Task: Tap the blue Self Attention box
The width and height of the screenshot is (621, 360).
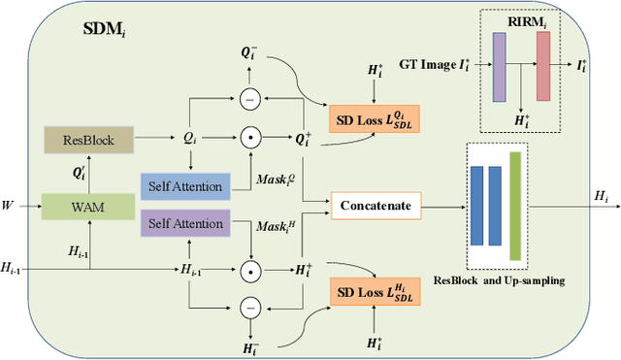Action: click(x=183, y=185)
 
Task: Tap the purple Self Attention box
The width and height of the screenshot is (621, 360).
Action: click(x=183, y=223)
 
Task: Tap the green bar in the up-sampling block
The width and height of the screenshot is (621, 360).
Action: click(x=515, y=206)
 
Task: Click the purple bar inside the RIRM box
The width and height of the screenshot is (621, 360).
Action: click(x=500, y=66)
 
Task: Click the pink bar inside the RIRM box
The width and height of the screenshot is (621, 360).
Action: click(x=542, y=66)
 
